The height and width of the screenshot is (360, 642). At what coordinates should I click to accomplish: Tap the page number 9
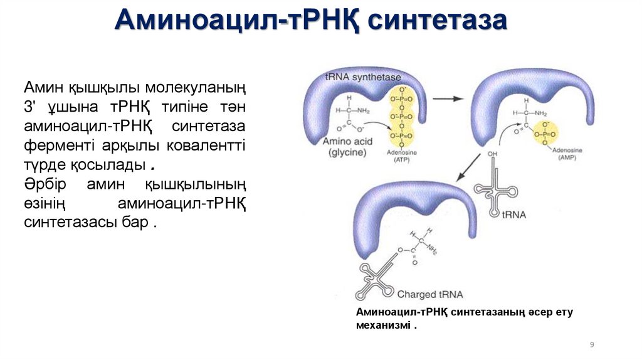pyautogui.click(x=592, y=345)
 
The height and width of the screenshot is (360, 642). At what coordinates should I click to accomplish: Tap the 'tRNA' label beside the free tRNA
pyautogui.click(x=514, y=214)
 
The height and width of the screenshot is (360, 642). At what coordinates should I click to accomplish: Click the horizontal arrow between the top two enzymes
pyautogui.click(x=448, y=98)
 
